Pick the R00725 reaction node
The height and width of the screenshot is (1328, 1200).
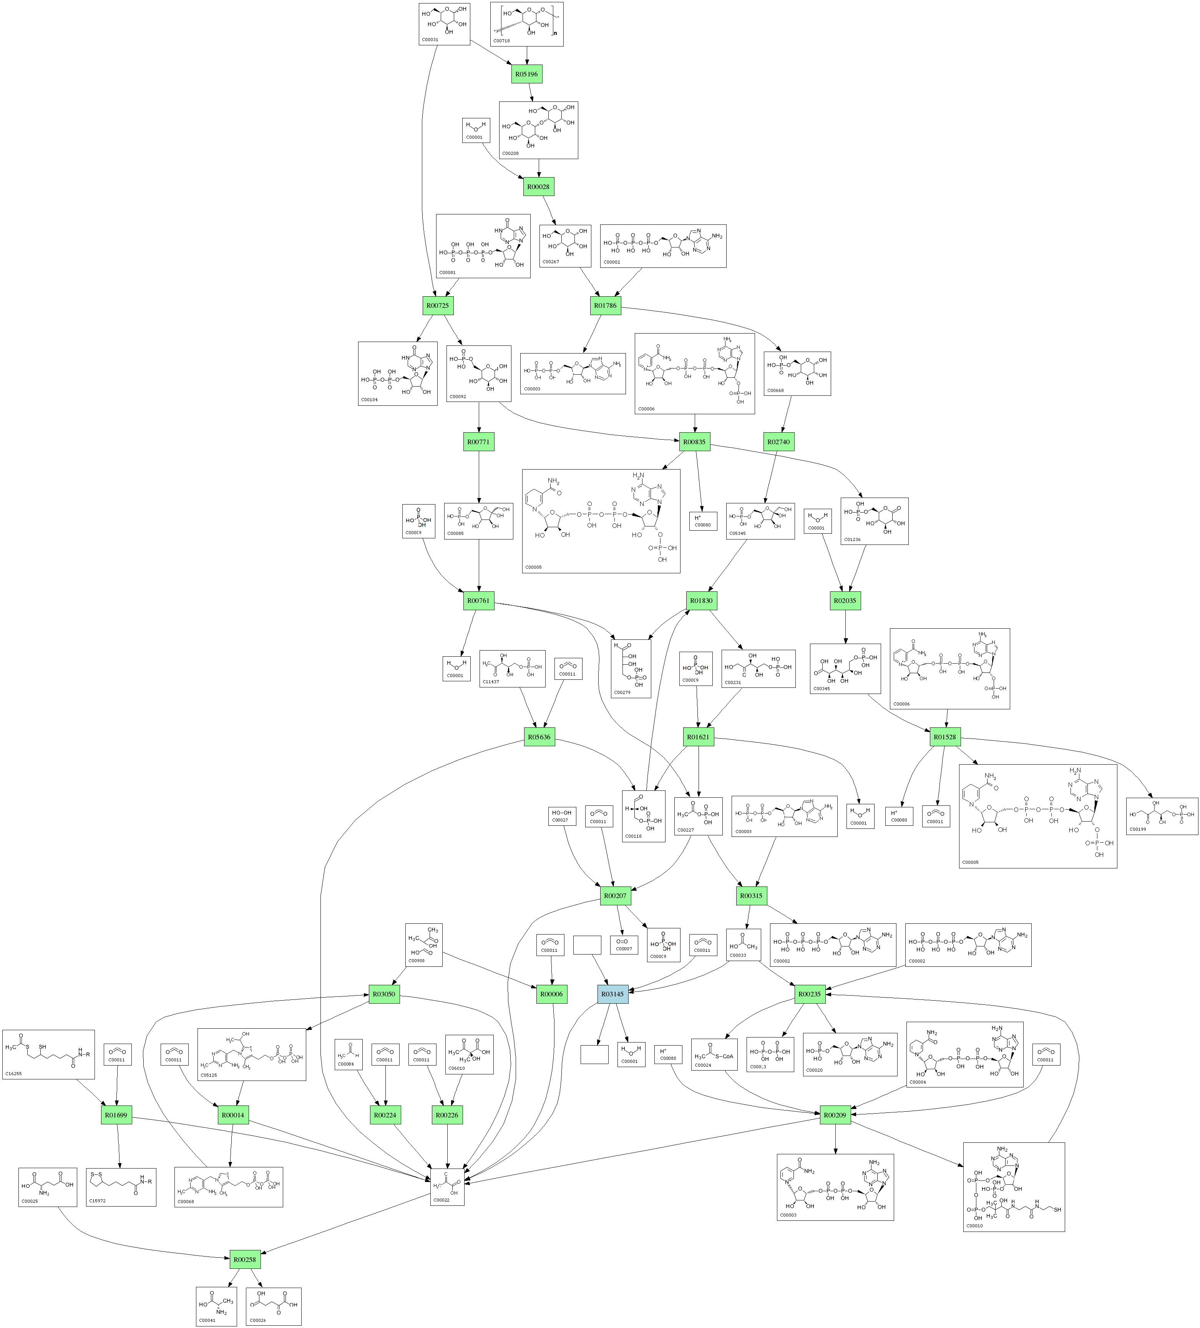pos(438,305)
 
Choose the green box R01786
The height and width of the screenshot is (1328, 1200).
pos(605,305)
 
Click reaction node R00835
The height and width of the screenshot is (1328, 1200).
pos(695,442)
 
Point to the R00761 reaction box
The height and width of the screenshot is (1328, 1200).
pos(479,601)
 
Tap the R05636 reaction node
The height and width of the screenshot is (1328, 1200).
pos(539,737)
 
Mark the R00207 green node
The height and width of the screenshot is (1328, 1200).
pos(615,896)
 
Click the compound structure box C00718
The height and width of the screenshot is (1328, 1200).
pos(526,24)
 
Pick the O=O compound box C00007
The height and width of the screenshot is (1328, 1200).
pos(623,945)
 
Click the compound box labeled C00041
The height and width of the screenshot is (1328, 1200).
pos(216,1306)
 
